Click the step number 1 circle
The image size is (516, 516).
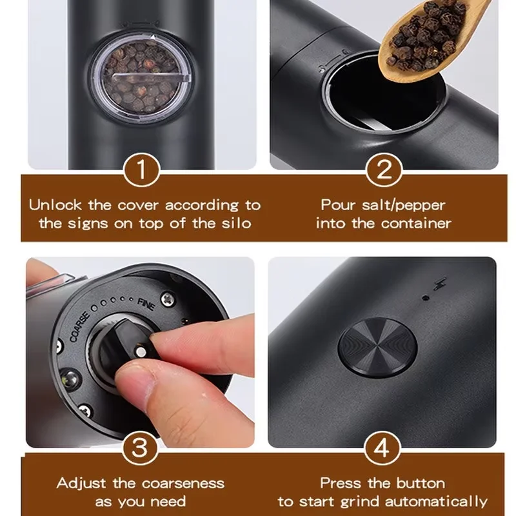139,172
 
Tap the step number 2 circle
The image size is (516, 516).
384,172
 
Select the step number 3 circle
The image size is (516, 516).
139,448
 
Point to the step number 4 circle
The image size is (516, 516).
384,448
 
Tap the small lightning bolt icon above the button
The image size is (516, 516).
441,284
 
